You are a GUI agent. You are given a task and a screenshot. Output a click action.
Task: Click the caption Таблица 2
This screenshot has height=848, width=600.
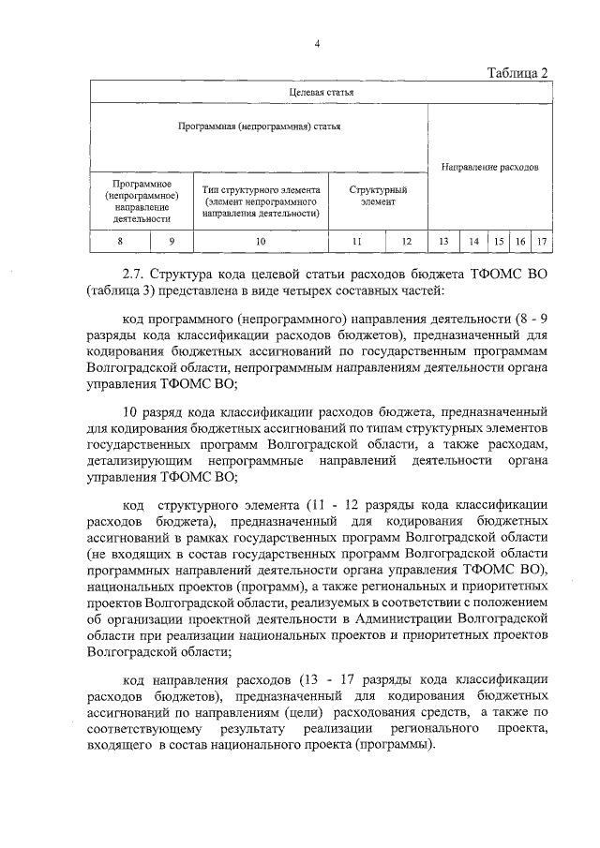(517, 73)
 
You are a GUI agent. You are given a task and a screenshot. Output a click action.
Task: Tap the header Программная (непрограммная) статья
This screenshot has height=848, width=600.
(259, 125)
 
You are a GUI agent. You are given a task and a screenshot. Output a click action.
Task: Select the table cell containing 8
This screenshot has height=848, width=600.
(119, 242)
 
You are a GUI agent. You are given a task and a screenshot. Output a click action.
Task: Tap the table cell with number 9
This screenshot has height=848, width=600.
(172, 242)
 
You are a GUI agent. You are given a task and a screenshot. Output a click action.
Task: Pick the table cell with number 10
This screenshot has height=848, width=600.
(261, 242)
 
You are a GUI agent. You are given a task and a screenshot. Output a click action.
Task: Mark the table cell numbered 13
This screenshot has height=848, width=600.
(444, 242)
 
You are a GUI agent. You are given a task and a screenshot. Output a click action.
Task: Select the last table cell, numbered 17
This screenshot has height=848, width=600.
(541, 242)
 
